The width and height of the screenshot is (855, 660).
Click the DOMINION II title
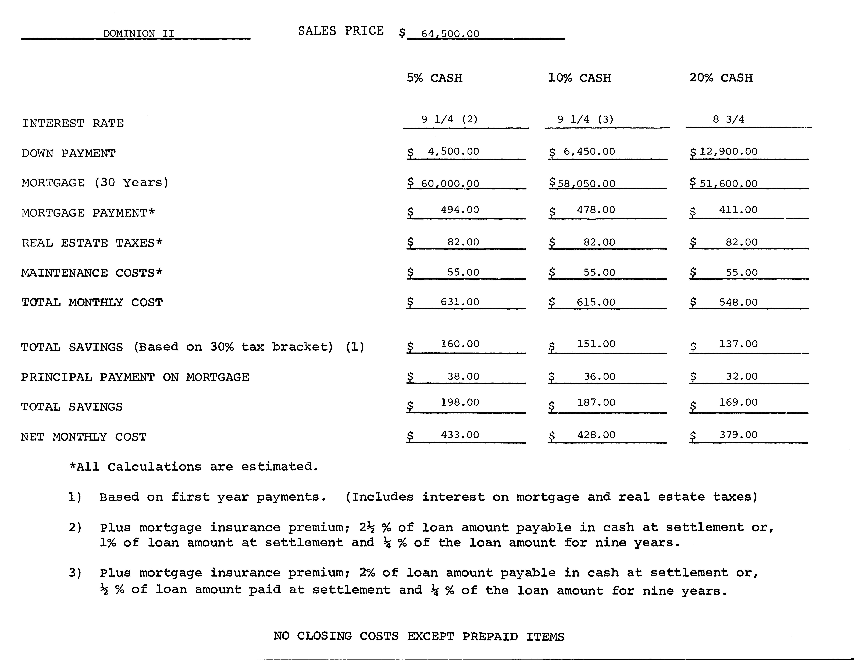pos(139,34)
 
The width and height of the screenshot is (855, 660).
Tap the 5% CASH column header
pos(434,78)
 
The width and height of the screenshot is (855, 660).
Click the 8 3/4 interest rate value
pos(729,119)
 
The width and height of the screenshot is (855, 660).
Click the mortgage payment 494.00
pos(460,210)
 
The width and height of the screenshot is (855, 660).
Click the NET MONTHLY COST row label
pos(84,437)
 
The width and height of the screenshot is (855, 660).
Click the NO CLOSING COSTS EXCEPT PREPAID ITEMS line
pos(418,637)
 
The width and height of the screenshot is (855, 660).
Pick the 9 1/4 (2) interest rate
pos(449,119)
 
